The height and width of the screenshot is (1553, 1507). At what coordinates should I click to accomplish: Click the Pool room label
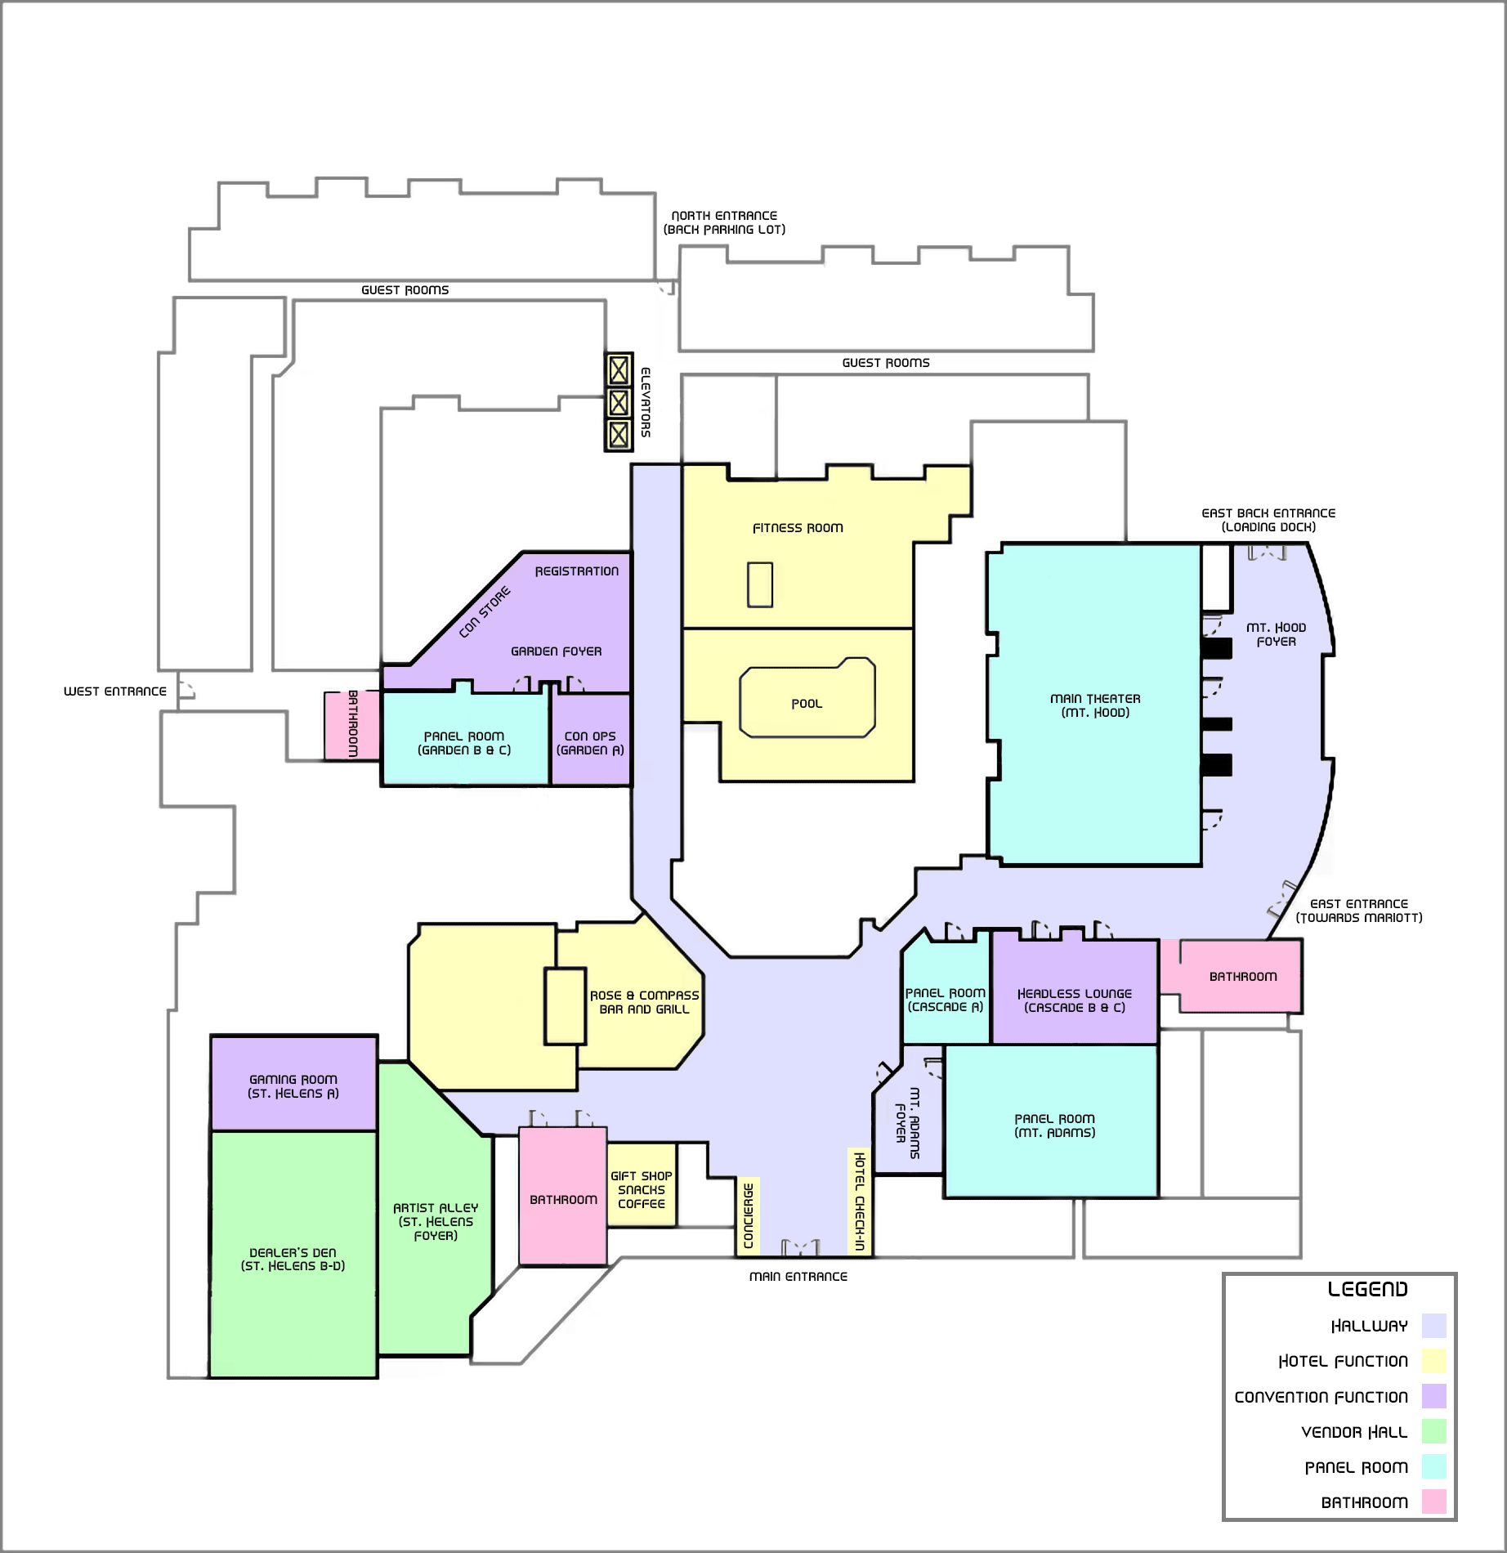pyautogui.click(x=807, y=704)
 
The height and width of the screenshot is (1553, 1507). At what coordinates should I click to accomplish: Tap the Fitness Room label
pyautogui.click(x=798, y=528)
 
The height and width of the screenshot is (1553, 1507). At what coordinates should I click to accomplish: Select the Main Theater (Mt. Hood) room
pyautogui.click(x=1094, y=705)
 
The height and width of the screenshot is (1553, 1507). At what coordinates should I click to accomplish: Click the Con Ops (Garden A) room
pyautogui.click(x=591, y=739)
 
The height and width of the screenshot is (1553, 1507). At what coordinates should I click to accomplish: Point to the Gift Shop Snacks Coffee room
pyautogui.click(x=642, y=1184)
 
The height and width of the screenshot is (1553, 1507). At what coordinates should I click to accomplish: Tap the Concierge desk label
pyautogui.click(x=748, y=1216)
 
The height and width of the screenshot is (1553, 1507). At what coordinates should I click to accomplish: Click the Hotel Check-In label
pyautogui.click(x=859, y=1202)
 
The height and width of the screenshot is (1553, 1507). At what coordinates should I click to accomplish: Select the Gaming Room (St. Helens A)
pyautogui.click(x=293, y=1084)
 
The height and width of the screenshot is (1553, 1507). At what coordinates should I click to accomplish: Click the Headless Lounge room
pyautogui.click(x=1075, y=991)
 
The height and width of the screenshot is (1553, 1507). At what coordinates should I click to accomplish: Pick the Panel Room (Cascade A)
pyautogui.click(x=946, y=993)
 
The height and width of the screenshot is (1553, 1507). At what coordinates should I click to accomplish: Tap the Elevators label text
pyautogui.click(x=646, y=402)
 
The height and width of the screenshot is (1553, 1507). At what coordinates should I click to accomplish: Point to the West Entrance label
pyautogui.click(x=115, y=691)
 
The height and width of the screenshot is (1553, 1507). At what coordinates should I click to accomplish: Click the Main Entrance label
pyautogui.click(x=798, y=1277)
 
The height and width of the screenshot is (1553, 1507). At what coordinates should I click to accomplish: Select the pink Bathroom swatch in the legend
pyautogui.click(x=1433, y=1502)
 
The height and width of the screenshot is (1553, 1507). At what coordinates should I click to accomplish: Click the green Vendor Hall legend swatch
pyautogui.click(x=1433, y=1431)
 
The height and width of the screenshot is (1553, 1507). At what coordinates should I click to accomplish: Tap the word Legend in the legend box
pyautogui.click(x=1367, y=1290)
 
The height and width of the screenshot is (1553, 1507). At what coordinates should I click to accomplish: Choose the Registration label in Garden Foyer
pyautogui.click(x=577, y=571)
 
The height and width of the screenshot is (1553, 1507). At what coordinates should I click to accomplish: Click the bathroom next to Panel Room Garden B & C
pyautogui.click(x=352, y=726)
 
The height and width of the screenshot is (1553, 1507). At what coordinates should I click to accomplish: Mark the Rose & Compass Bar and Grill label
pyautogui.click(x=645, y=1002)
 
